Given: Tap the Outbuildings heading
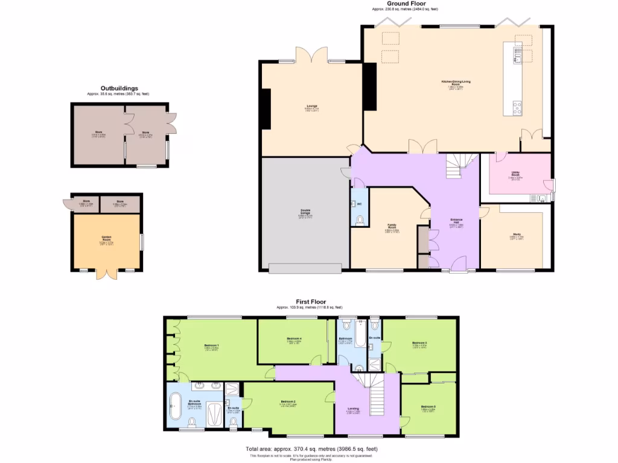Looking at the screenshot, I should coord(119,89).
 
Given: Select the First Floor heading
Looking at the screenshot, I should coord(310,301).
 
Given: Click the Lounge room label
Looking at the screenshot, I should coord(311,106).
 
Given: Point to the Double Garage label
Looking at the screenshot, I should coord(306,211).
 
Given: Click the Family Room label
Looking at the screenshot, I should coord(392,226).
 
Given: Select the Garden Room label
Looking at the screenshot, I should coord(107,238).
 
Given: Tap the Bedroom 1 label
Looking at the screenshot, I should coord(211,345).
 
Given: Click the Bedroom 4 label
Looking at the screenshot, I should coord(294,339).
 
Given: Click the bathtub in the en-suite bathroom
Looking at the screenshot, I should coord(174,406).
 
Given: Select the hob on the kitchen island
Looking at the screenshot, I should coord(517,108).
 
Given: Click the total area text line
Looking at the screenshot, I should coord(311,449).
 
